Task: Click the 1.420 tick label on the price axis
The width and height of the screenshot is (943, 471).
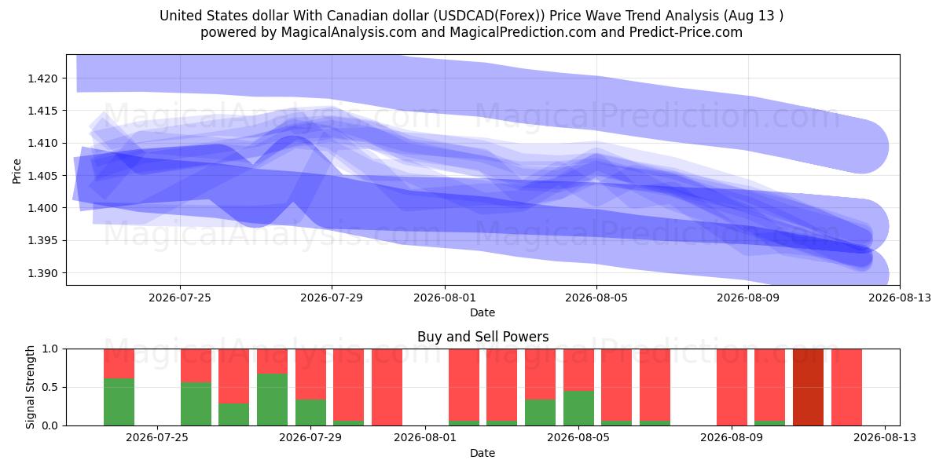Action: (x=42, y=78)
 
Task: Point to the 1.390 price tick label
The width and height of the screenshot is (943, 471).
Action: (x=42, y=273)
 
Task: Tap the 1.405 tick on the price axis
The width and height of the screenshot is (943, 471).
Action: (x=42, y=175)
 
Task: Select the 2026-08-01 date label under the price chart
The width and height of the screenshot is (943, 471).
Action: (x=445, y=298)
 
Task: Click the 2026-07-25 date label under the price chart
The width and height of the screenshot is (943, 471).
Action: (x=180, y=298)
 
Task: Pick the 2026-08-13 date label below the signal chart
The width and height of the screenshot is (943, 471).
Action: (x=885, y=437)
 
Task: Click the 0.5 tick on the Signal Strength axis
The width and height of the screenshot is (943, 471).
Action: (x=50, y=387)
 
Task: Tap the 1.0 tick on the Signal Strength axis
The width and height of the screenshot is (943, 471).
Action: (x=50, y=349)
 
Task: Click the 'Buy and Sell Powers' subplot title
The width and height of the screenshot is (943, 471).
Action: (x=483, y=337)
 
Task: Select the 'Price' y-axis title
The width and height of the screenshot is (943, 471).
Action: (x=17, y=171)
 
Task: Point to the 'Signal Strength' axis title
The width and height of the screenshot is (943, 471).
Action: (x=30, y=387)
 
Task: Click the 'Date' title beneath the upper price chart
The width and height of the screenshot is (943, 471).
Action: (x=483, y=312)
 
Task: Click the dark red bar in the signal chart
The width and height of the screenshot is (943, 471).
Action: (x=808, y=387)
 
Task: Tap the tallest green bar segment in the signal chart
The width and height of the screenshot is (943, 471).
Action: (x=273, y=400)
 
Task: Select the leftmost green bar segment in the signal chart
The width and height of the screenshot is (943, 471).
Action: (x=119, y=402)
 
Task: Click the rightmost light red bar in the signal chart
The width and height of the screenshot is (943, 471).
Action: (x=846, y=387)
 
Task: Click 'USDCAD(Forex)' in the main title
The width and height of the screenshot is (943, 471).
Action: (x=489, y=16)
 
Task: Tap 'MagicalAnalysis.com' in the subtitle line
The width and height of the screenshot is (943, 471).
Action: (x=349, y=32)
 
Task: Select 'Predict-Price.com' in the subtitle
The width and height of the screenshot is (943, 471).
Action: (x=686, y=32)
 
